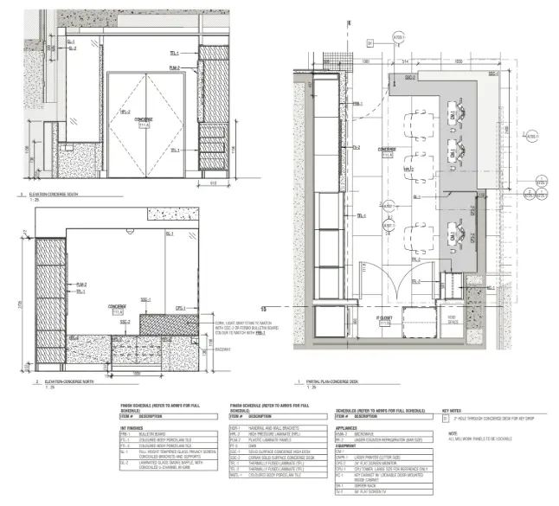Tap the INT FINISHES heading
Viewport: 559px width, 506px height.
click(132, 427)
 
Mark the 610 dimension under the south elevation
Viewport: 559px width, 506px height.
click(214, 184)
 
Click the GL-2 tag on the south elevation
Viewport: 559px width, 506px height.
click(71, 48)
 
